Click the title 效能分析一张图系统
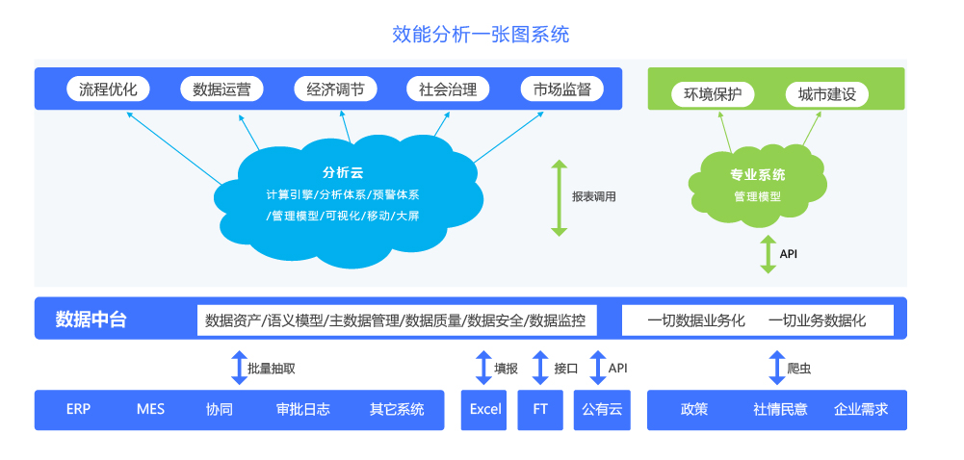[481, 35]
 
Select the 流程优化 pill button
[110, 89]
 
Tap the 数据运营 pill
[221, 89]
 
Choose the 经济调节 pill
[336, 89]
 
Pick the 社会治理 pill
[448, 89]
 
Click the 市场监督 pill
[561, 89]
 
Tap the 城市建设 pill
[827, 94]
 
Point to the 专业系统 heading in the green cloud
[757, 175]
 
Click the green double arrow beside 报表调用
[559, 197]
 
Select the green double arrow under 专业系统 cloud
[768, 254]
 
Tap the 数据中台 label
[91, 319]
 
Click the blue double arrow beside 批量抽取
[239, 368]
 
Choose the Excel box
[483, 410]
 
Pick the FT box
[540, 410]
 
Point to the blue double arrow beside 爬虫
[777, 368]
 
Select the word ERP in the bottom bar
[79, 409]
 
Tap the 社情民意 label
[780, 410]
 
